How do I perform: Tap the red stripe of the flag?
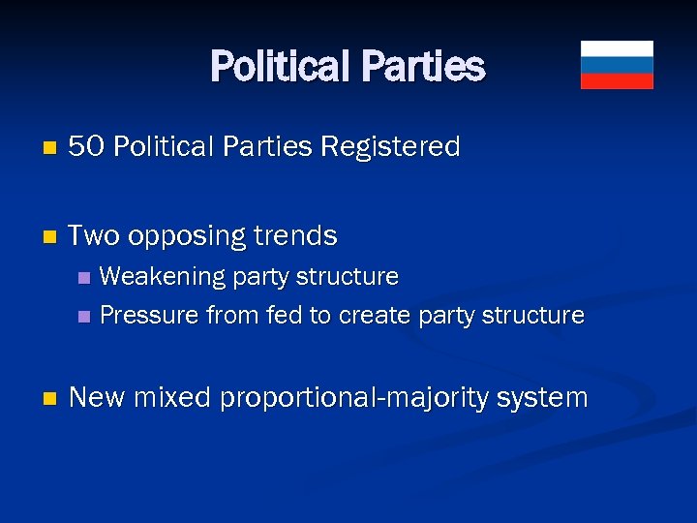(x=617, y=81)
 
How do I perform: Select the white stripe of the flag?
(x=617, y=48)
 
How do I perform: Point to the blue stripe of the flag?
(x=617, y=65)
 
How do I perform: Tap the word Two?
(x=94, y=235)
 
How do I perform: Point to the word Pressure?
(x=145, y=316)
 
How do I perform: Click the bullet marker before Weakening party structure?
(x=83, y=278)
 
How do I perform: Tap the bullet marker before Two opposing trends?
(x=51, y=237)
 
